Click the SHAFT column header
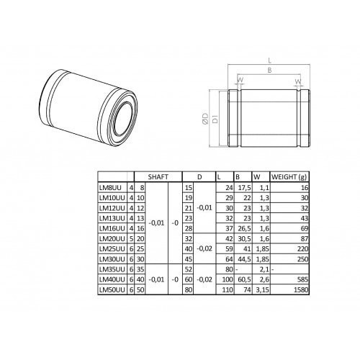click(158, 177)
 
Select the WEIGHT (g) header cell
click(289, 177)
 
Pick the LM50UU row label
click(112, 290)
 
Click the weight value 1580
click(301, 290)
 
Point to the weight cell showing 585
click(303, 279)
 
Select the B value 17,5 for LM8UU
click(244, 188)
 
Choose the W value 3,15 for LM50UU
click(262, 290)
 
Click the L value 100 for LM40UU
click(228, 279)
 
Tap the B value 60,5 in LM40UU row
click(244, 279)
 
